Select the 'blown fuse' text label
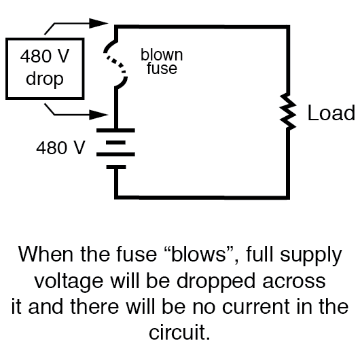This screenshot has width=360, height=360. [x=162, y=61]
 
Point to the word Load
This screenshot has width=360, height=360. [x=331, y=113]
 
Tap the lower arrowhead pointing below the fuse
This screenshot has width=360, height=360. [x=101, y=113]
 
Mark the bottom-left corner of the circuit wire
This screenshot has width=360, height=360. [x=118, y=196]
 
